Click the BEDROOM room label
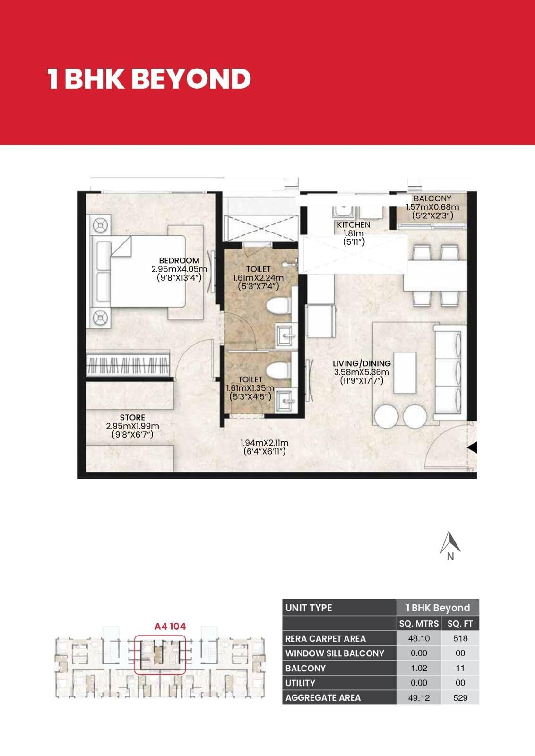179,260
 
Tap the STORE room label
132,418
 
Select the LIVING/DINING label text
362,363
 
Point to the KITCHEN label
354,225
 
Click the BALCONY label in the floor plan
432,198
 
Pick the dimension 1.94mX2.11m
264,443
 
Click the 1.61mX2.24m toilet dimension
258,278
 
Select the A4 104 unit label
170,627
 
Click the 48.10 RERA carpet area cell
419,638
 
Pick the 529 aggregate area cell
460,697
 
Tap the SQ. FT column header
460,623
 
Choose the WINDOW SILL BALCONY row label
335,653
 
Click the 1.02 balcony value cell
419,668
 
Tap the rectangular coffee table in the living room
405,373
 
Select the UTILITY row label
301,683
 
